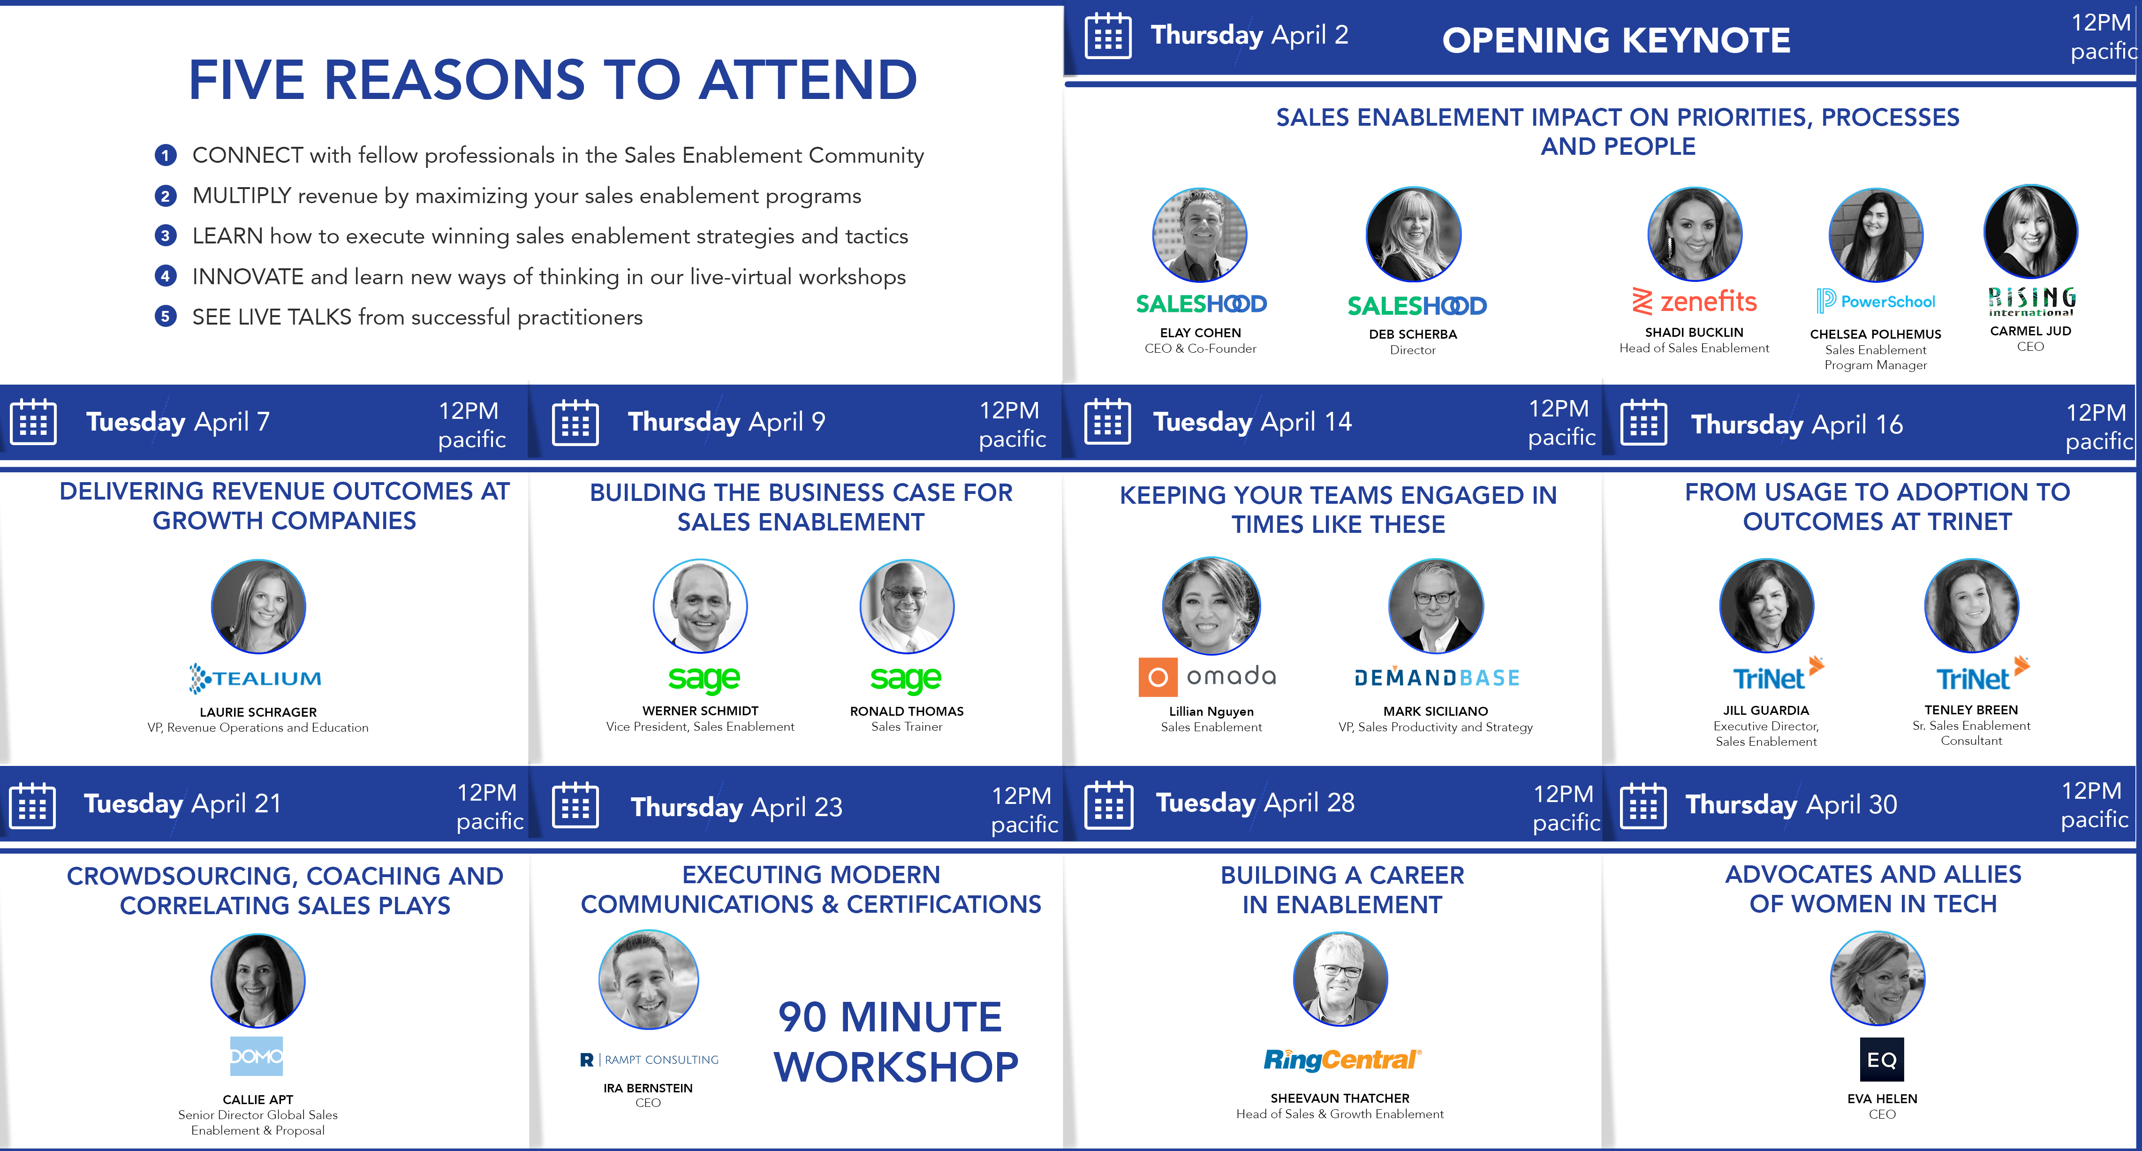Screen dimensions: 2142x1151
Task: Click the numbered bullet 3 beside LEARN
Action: [166, 235]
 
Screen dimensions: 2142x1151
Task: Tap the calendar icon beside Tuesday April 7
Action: [33, 422]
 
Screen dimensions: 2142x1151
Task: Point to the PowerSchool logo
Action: [1876, 301]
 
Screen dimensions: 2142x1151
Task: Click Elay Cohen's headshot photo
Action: [1200, 235]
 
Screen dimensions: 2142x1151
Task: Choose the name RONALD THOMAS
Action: [906, 711]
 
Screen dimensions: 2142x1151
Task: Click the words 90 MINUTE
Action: [890, 1017]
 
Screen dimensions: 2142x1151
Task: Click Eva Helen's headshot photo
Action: [1877, 978]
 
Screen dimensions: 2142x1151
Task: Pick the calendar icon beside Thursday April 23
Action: [575, 805]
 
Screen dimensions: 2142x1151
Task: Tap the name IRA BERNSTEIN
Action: [648, 1088]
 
